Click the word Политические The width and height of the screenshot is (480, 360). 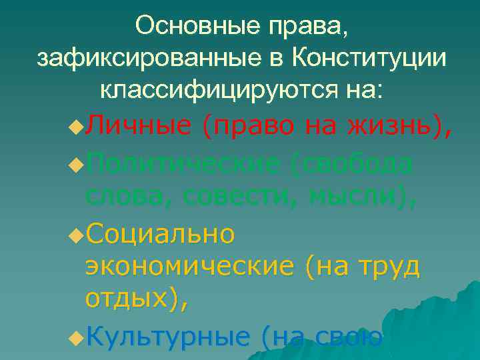click(183, 162)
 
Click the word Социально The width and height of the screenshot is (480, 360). click(160, 233)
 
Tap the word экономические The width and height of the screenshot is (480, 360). click(189, 267)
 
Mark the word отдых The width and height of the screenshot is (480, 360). click(127, 299)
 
